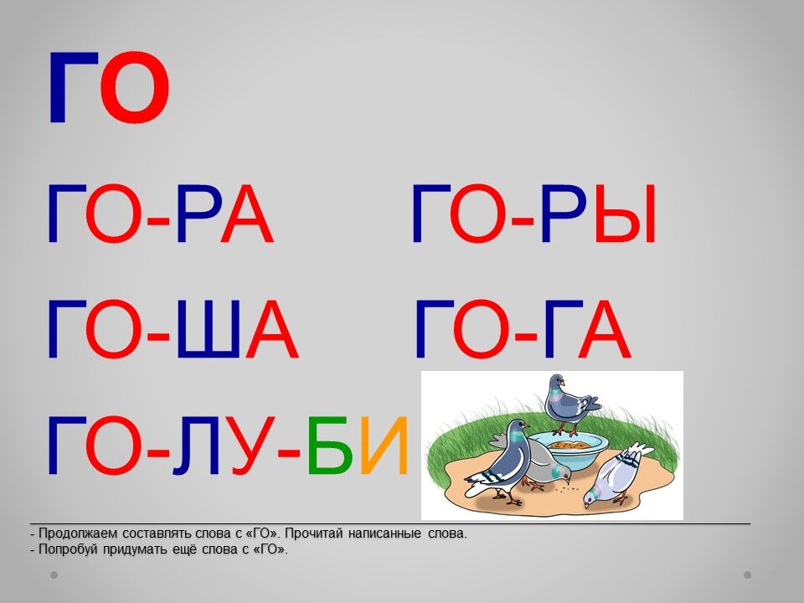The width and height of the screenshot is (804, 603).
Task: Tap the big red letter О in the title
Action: [135, 88]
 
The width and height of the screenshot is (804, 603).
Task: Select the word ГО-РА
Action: [161, 214]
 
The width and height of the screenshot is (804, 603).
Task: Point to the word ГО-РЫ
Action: [533, 214]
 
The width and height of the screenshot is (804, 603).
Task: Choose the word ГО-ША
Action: [173, 328]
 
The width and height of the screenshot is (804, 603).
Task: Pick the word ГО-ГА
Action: [523, 328]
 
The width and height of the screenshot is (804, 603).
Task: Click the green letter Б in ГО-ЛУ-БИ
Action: [330, 445]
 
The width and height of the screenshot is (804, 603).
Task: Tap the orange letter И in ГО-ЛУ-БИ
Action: [384, 445]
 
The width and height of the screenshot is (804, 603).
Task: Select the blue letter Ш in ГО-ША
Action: [208, 328]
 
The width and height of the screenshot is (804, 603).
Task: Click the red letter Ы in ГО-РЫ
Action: [626, 214]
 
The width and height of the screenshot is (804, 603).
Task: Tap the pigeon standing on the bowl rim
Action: [569, 403]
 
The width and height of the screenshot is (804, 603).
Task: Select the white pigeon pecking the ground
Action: [616, 474]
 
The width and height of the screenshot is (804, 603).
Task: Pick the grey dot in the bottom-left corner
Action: [54, 575]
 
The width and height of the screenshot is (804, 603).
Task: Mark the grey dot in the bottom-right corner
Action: [748, 575]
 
